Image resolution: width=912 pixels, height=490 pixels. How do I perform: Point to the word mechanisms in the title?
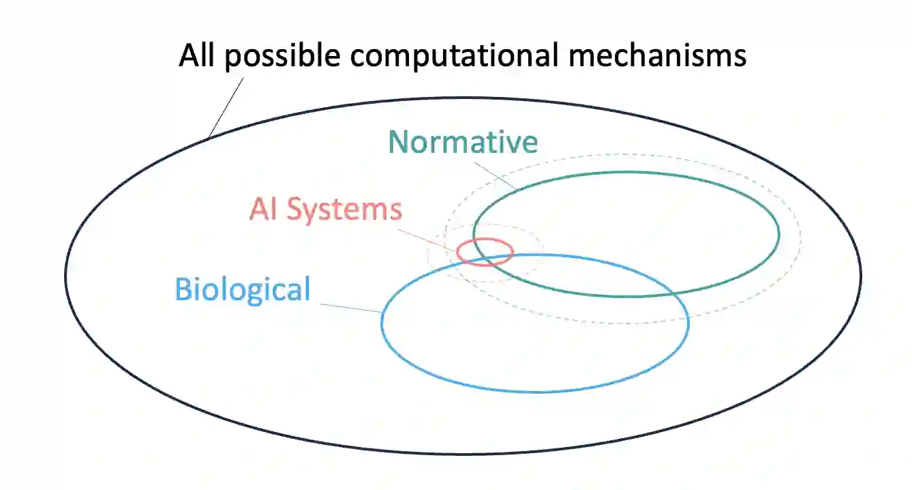pos(658,55)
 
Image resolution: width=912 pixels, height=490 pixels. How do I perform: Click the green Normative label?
pos(463,142)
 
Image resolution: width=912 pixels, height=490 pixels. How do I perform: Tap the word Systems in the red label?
pos(344,210)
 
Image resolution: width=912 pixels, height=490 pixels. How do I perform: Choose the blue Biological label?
pos(243,289)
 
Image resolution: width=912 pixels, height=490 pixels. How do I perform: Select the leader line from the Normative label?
pos(494,173)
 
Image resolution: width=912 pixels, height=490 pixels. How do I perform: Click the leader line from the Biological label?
pos(350,307)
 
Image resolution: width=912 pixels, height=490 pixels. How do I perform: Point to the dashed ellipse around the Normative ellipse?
pos(800,235)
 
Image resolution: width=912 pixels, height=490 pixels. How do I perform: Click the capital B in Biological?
pos(182,289)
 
